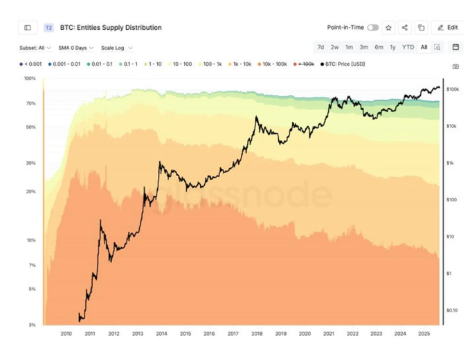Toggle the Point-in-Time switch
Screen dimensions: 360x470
click(x=372, y=28)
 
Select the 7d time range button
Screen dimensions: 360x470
click(x=320, y=47)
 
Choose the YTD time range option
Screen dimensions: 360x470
click(x=408, y=47)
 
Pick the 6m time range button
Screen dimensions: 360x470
click(x=379, y=47)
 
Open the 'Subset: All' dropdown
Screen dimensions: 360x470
click(x=35, y=48)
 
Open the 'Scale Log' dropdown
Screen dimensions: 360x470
click(x=117, y=48)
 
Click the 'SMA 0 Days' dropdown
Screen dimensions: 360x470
click(x=76, y=48)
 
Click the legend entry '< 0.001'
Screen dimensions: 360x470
click(x=31, y=64)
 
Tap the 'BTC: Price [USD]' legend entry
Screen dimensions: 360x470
click(x=342, y=64)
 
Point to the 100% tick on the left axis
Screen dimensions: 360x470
click(x=30, y=78)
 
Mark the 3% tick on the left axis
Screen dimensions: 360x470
click(x=32, y=325)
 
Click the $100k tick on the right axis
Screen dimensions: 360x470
click(x=453, y=89)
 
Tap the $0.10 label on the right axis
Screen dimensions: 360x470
click(x=452, y=310)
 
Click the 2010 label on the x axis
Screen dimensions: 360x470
click(x=66, y=334)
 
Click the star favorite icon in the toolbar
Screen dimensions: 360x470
click(x=388, y=28)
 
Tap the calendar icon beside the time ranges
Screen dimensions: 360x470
click(x=455, y=47)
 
